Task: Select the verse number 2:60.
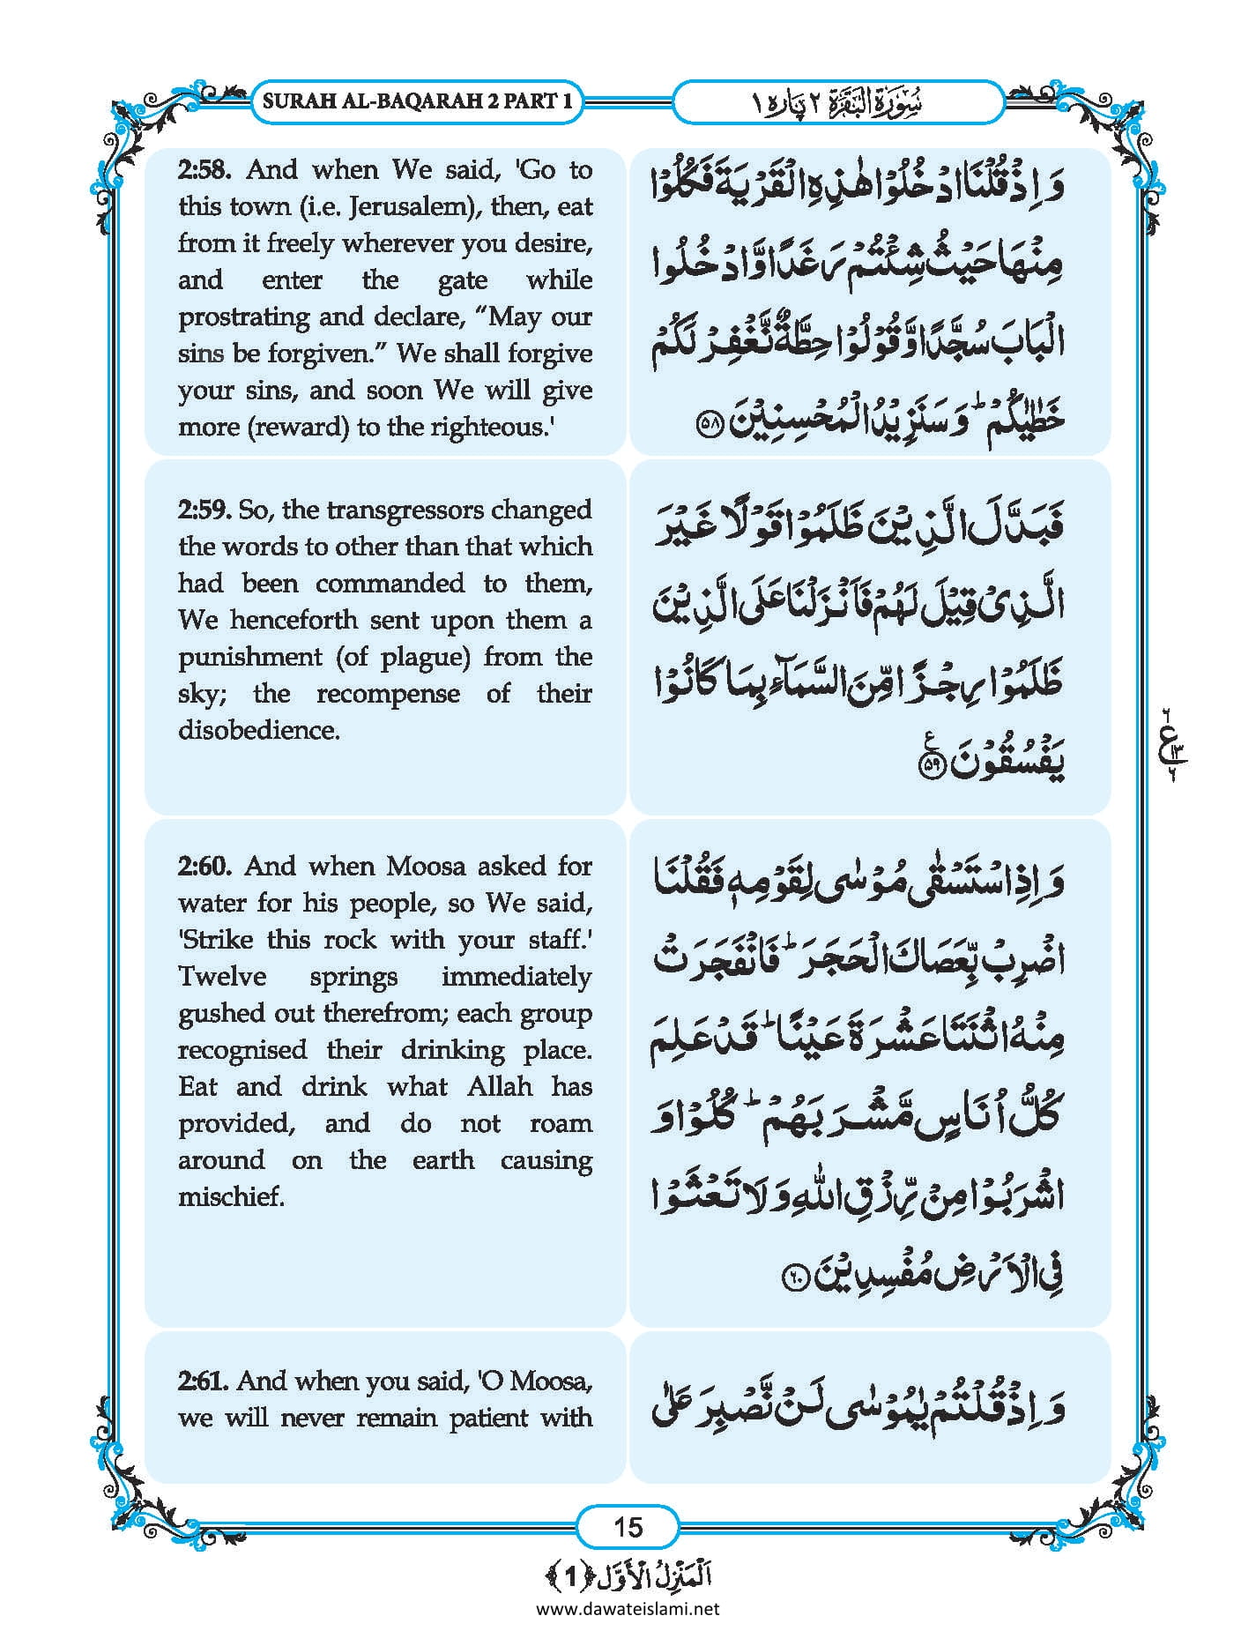[204, 867]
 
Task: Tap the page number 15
[628, 1526]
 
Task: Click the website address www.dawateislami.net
[628, 1609]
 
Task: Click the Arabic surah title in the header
[838, 102]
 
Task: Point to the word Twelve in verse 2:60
[222, 977]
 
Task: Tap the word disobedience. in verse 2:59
[259, 731]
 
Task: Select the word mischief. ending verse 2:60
[232, 1197]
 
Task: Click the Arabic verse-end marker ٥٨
[709, 424]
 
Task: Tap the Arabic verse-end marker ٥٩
[931, 765]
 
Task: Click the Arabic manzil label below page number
[628, 1575]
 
